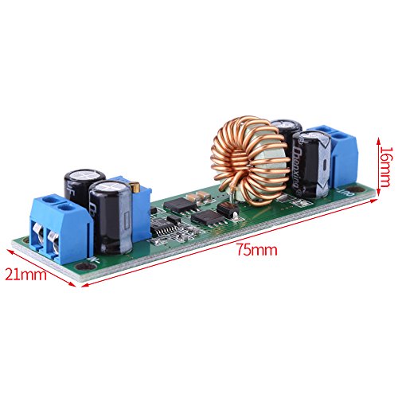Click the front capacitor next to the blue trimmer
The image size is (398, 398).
tap(111, 217)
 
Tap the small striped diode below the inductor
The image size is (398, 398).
tap(226, 211)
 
